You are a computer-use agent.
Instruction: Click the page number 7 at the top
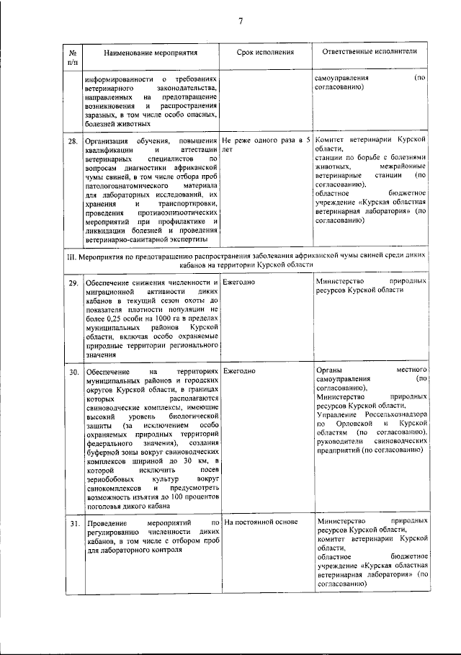pos(241,21)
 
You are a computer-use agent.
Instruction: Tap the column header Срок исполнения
pos(266,53)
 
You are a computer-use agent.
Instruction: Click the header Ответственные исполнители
pos(366,53)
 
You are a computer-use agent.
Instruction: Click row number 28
pos(73,141)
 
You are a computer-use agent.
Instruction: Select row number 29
pos(73,282)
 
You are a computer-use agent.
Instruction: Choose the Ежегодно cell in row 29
pos(240,282)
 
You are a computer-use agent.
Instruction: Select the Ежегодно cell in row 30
pos(240,370)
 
